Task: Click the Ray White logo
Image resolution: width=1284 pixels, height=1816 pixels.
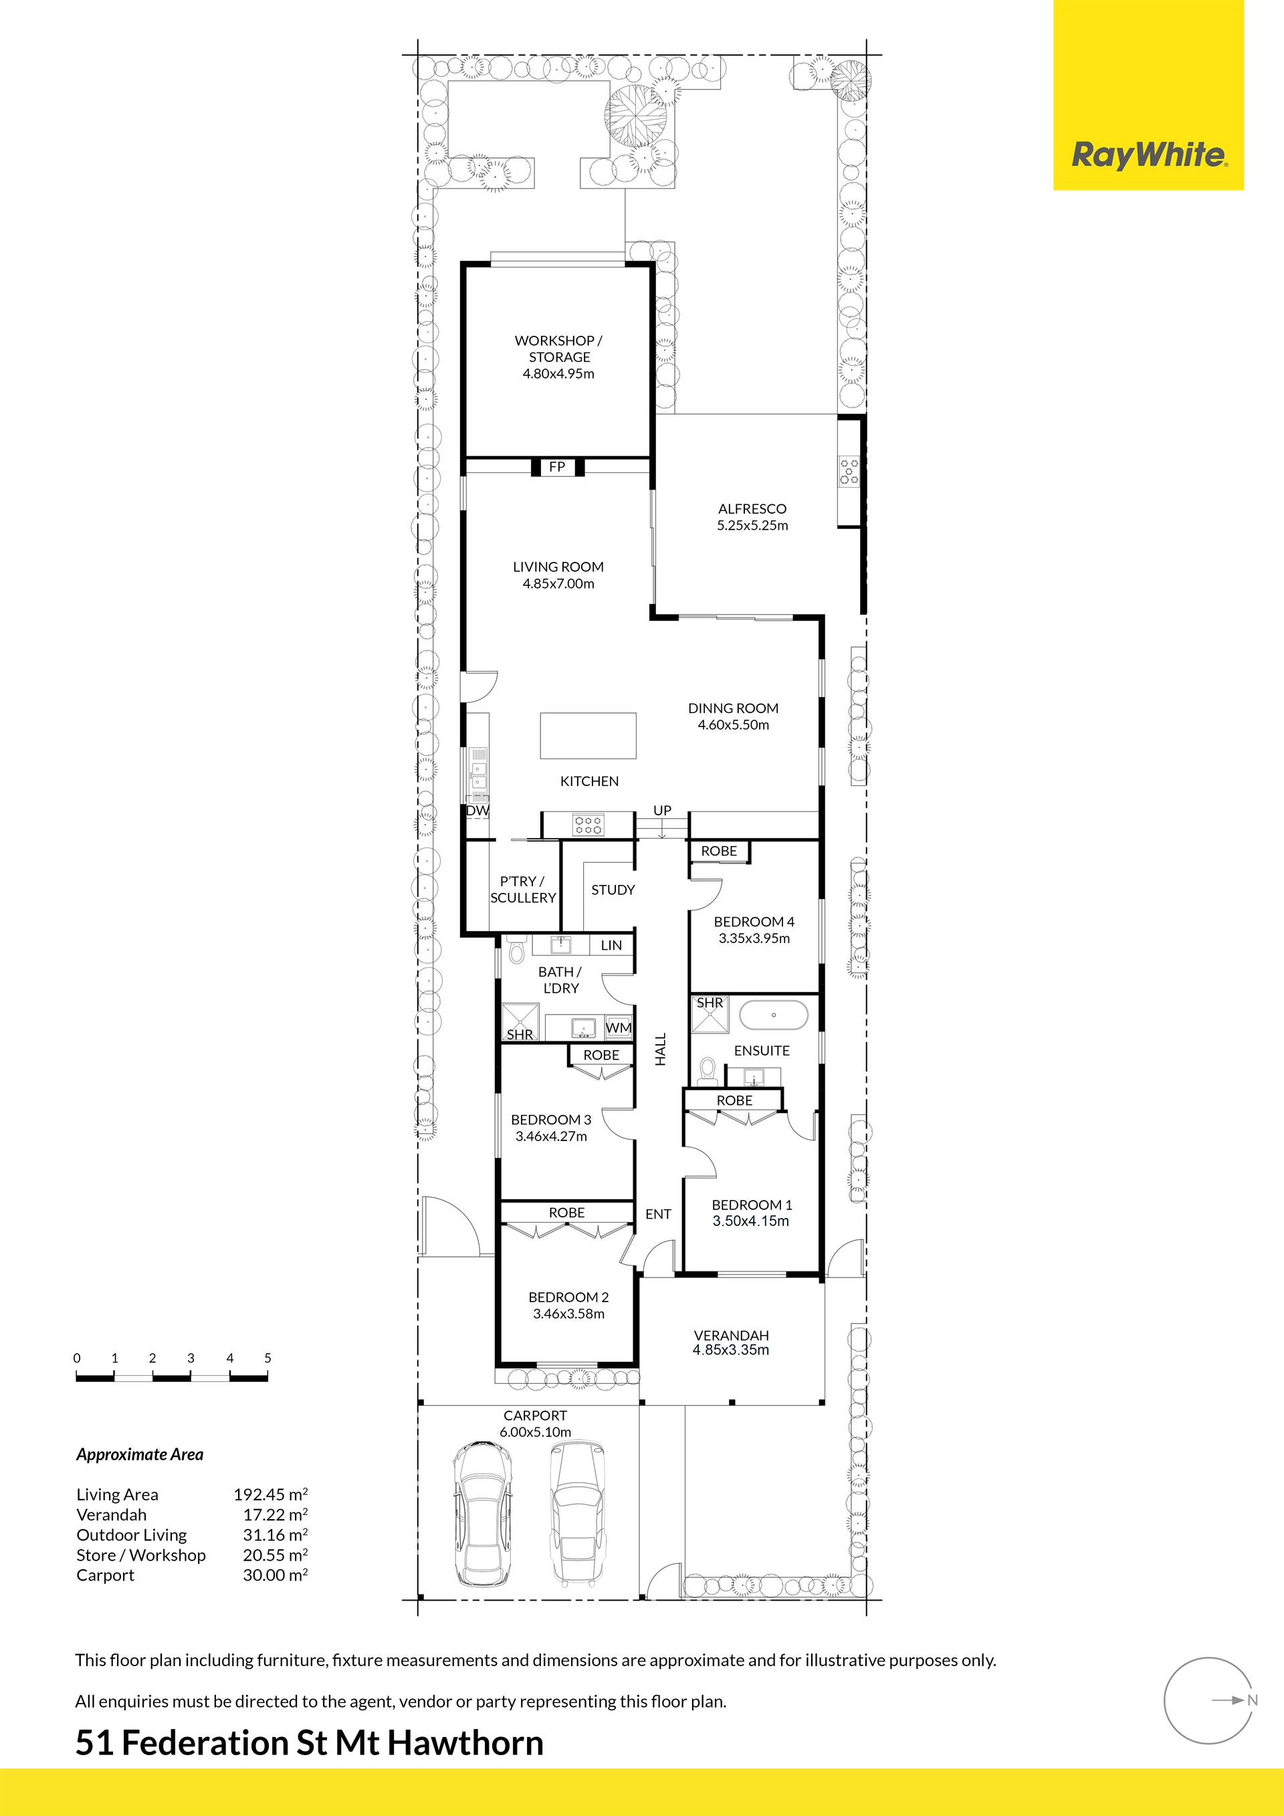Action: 1149,155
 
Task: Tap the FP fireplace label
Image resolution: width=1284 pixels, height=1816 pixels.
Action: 556,468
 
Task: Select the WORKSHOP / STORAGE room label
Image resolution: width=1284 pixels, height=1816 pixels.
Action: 558,348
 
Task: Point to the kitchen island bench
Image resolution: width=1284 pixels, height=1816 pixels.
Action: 588,736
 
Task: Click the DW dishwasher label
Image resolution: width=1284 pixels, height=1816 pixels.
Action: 477,811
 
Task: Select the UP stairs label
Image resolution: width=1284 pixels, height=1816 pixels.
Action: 663,810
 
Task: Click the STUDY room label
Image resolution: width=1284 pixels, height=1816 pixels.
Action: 613,890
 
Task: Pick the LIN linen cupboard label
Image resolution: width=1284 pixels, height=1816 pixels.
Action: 611,945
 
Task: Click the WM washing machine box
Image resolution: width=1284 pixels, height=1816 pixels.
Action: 619,1028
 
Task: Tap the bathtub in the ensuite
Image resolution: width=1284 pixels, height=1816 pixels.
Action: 773,1015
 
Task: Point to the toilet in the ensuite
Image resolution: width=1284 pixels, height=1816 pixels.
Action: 707,1071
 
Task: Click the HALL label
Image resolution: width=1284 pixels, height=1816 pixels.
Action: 661,1049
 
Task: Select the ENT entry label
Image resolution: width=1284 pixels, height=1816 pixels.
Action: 658,1214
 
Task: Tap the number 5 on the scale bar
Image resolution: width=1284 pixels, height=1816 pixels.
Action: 268,1358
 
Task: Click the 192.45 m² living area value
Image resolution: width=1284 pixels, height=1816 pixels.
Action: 270,1494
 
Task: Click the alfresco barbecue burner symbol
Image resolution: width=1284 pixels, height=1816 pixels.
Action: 849,471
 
